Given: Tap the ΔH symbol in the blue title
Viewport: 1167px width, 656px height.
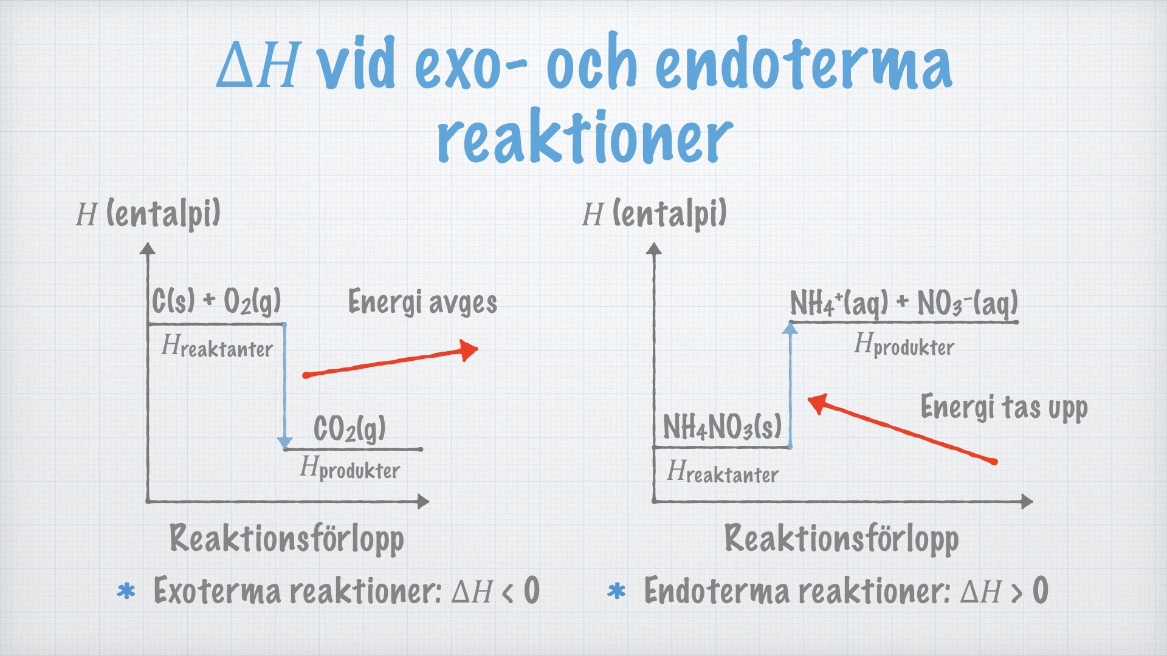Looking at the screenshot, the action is click(259, 65).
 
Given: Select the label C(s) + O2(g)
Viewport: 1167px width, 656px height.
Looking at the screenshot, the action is click(216, 301).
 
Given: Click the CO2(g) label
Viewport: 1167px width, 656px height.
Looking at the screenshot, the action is click(349, 428).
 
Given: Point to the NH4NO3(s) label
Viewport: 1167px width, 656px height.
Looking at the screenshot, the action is click(722, 426).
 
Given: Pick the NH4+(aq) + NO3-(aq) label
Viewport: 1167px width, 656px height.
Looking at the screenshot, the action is click(904, 303).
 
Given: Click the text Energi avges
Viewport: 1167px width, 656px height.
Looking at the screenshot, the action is click(422, 302).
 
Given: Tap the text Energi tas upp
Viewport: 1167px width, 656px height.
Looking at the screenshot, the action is click(1004, 407).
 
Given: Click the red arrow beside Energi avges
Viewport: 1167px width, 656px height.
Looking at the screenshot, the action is click(390, 362).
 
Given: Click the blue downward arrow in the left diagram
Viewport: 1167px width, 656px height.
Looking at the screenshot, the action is click(284, 386).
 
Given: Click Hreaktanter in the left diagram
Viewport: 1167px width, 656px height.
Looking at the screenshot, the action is click(217, 346).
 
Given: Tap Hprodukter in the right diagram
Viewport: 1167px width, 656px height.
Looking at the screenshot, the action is click(904, 345).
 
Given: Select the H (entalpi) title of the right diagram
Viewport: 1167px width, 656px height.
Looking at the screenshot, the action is click(654, 214).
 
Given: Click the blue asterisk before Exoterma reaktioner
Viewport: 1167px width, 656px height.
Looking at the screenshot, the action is click(126, 591).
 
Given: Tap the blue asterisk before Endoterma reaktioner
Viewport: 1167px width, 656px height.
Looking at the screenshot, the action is click(616, 591).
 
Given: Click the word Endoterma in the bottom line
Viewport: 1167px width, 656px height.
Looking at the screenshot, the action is click(715, 590).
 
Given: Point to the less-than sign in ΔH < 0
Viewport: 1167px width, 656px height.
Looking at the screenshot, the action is click(508, 592).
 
